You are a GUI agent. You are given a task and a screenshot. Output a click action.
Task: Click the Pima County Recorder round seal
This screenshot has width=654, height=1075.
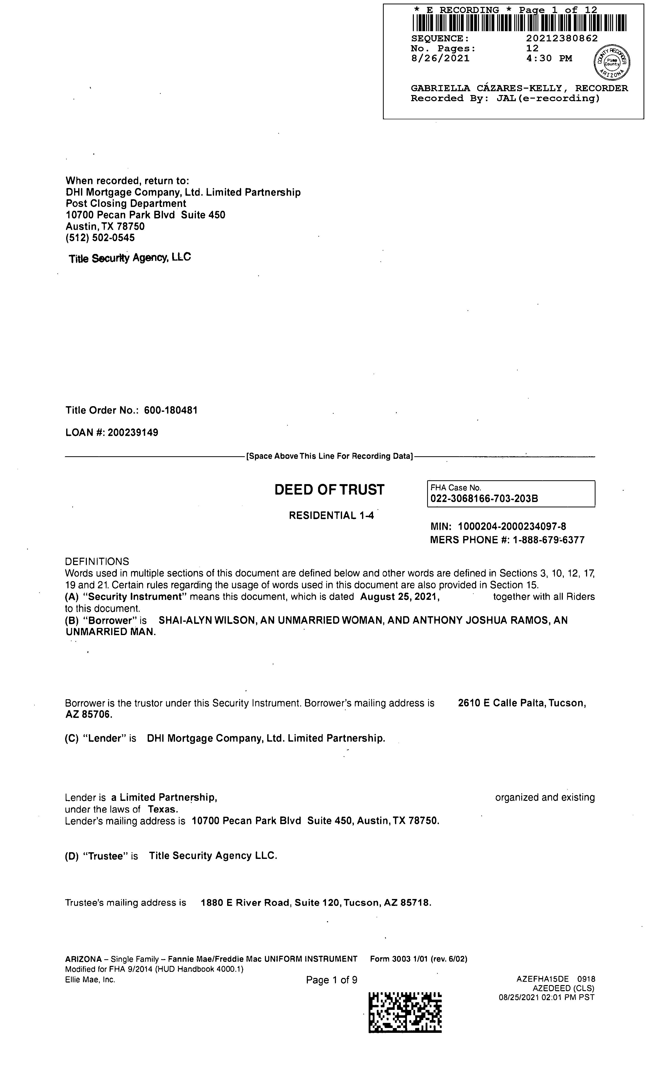pyautogui.click(x=612, y=62)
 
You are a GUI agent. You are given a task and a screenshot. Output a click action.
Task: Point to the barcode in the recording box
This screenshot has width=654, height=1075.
pyautogui.click(x=519, y=23)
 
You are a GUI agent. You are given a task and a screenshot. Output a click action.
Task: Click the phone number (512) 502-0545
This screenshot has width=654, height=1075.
pyautogui.click(x=100, y=238)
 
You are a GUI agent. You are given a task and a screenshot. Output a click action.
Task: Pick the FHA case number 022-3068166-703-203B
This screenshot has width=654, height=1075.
pyautogui.click(x=484, y=499)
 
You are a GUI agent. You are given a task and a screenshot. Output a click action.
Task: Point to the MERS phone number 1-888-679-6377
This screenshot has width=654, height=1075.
pyautogui.click(x=548, y=540)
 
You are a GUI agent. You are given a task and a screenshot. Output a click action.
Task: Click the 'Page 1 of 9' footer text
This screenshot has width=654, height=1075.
pyautogui.click(x=332, y=980)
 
